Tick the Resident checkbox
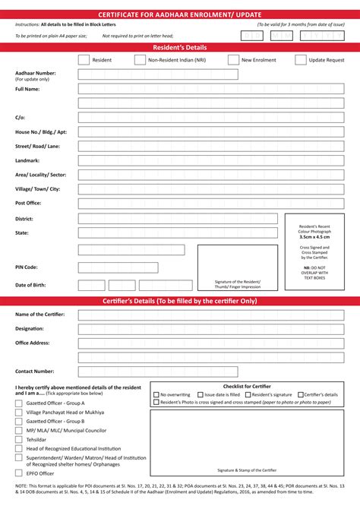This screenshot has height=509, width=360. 83,59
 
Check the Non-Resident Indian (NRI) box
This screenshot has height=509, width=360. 140,59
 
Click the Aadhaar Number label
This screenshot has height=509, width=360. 35,73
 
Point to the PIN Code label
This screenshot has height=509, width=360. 27,267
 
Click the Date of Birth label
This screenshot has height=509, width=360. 31,285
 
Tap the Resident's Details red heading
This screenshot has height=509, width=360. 179,47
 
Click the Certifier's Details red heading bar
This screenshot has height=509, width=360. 179,302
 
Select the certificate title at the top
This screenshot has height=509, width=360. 179,14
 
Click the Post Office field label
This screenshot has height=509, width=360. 28,203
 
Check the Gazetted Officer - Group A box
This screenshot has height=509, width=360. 19,403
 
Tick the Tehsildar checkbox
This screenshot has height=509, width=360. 19,440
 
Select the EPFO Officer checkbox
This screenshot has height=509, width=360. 19,473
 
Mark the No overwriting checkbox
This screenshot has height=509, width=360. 156,395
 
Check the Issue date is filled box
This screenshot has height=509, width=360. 201,395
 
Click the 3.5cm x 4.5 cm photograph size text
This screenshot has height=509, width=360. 314,237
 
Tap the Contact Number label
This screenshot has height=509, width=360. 35,371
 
